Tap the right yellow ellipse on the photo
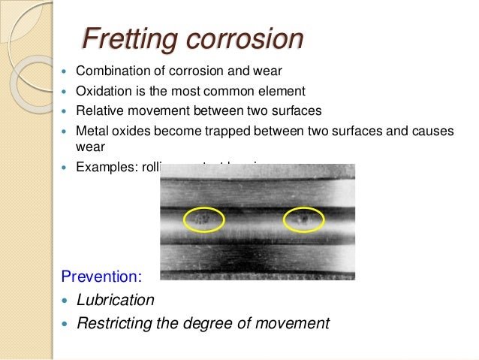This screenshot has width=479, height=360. point(303,219)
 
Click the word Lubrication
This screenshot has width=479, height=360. point(116,300)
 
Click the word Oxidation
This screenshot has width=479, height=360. point(102,92)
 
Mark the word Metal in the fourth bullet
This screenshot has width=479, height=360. point(92,131)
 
